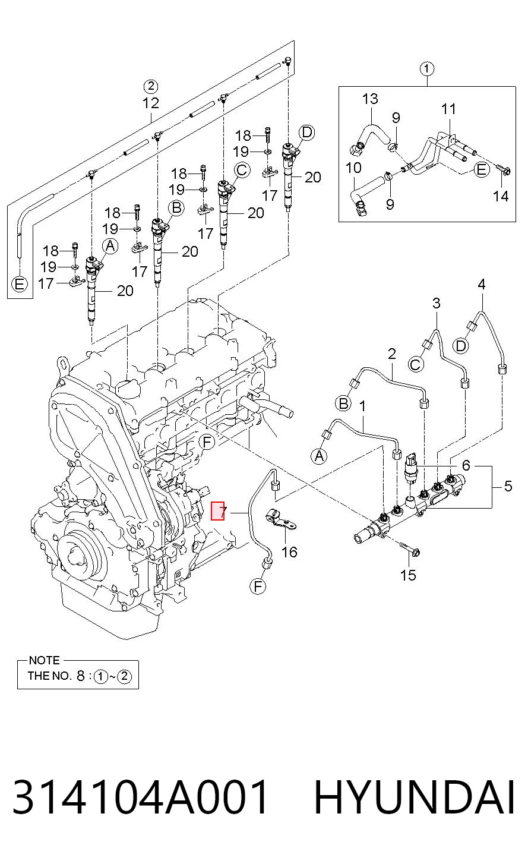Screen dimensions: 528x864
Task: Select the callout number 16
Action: (x=289, y=553)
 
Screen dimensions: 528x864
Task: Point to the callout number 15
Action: (x=408, y=575)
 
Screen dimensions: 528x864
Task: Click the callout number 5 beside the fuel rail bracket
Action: (x=508, y=486)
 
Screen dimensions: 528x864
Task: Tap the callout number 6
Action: (x=466, y=465)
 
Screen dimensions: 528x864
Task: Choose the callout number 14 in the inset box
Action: (x=501, y=196)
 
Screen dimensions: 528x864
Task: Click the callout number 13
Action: (x=370, y=99)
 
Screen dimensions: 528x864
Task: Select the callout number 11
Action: (x=448, y=109)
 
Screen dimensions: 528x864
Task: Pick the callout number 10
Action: (x=353, y=168)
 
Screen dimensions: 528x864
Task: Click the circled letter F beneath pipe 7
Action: (x=258, y=586)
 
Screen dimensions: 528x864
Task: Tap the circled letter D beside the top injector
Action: (x=307, y=133)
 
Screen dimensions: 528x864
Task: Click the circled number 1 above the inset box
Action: (x=426, y=69)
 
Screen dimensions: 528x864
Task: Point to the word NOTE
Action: (x=44, y=660)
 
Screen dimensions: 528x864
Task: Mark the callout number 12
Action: (x=150, y=103)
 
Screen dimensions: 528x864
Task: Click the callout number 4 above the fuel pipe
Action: (x=481, y=285)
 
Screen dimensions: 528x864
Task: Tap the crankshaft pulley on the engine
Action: (x=79, y=556)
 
